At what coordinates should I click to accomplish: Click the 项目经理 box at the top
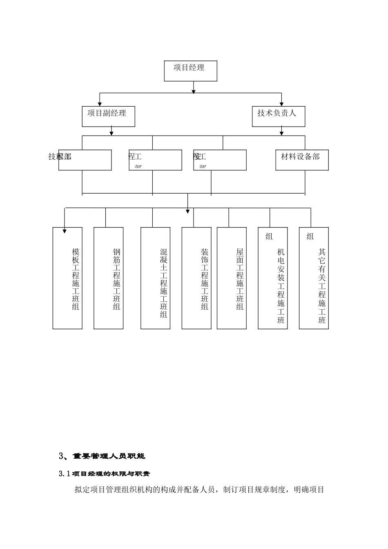(190, 71)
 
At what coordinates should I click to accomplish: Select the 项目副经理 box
(108, 116)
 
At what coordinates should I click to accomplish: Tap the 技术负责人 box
(279, 116)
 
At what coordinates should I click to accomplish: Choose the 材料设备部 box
(302, 160)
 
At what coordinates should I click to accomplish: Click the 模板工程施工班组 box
(68, 278)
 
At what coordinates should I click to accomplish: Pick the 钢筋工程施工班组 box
(109, 278)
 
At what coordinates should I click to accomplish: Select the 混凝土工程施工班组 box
(156, 278)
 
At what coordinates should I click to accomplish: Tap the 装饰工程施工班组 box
(196, 278)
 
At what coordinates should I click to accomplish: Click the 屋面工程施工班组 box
(232, 278)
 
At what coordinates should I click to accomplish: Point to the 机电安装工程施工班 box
(273, 278)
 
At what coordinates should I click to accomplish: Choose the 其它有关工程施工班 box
(314, 278)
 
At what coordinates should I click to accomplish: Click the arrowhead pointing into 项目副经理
(100, 103)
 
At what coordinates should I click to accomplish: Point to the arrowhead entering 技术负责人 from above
(281, 103)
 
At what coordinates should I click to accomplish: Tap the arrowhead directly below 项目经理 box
(194, 91)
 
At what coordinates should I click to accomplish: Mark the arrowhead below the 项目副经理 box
(111, 133)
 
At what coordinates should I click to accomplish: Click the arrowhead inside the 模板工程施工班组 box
(65, 231)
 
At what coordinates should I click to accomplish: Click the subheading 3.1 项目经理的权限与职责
(105, 474)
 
